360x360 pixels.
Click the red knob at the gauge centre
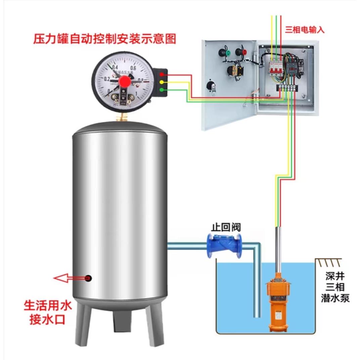coord(125,81)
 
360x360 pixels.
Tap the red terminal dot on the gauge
coord(162,75)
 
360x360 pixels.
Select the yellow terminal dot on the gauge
coord(162,82)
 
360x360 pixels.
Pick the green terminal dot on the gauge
coord(162,89)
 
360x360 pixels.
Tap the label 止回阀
coord(226,227)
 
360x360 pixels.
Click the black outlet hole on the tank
coord(89,278)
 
